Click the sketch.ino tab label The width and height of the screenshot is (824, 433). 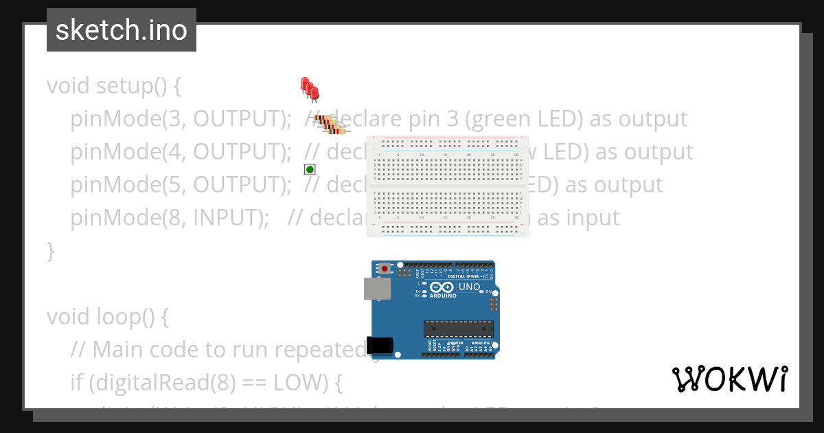pos(122,30)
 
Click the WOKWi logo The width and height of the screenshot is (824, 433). pos(730,379)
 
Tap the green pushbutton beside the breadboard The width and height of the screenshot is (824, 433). pos(310,169)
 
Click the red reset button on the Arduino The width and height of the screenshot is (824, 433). pos(385,268)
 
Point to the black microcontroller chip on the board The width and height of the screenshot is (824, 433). pos(458,329)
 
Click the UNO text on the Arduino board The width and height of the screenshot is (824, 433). pos(469,287)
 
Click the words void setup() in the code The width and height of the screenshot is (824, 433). pos(114,86)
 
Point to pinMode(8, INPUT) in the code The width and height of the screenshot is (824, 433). pos(169,218)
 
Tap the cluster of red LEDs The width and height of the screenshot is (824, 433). pos(310,89)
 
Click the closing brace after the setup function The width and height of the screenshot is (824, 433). pos(50,251)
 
